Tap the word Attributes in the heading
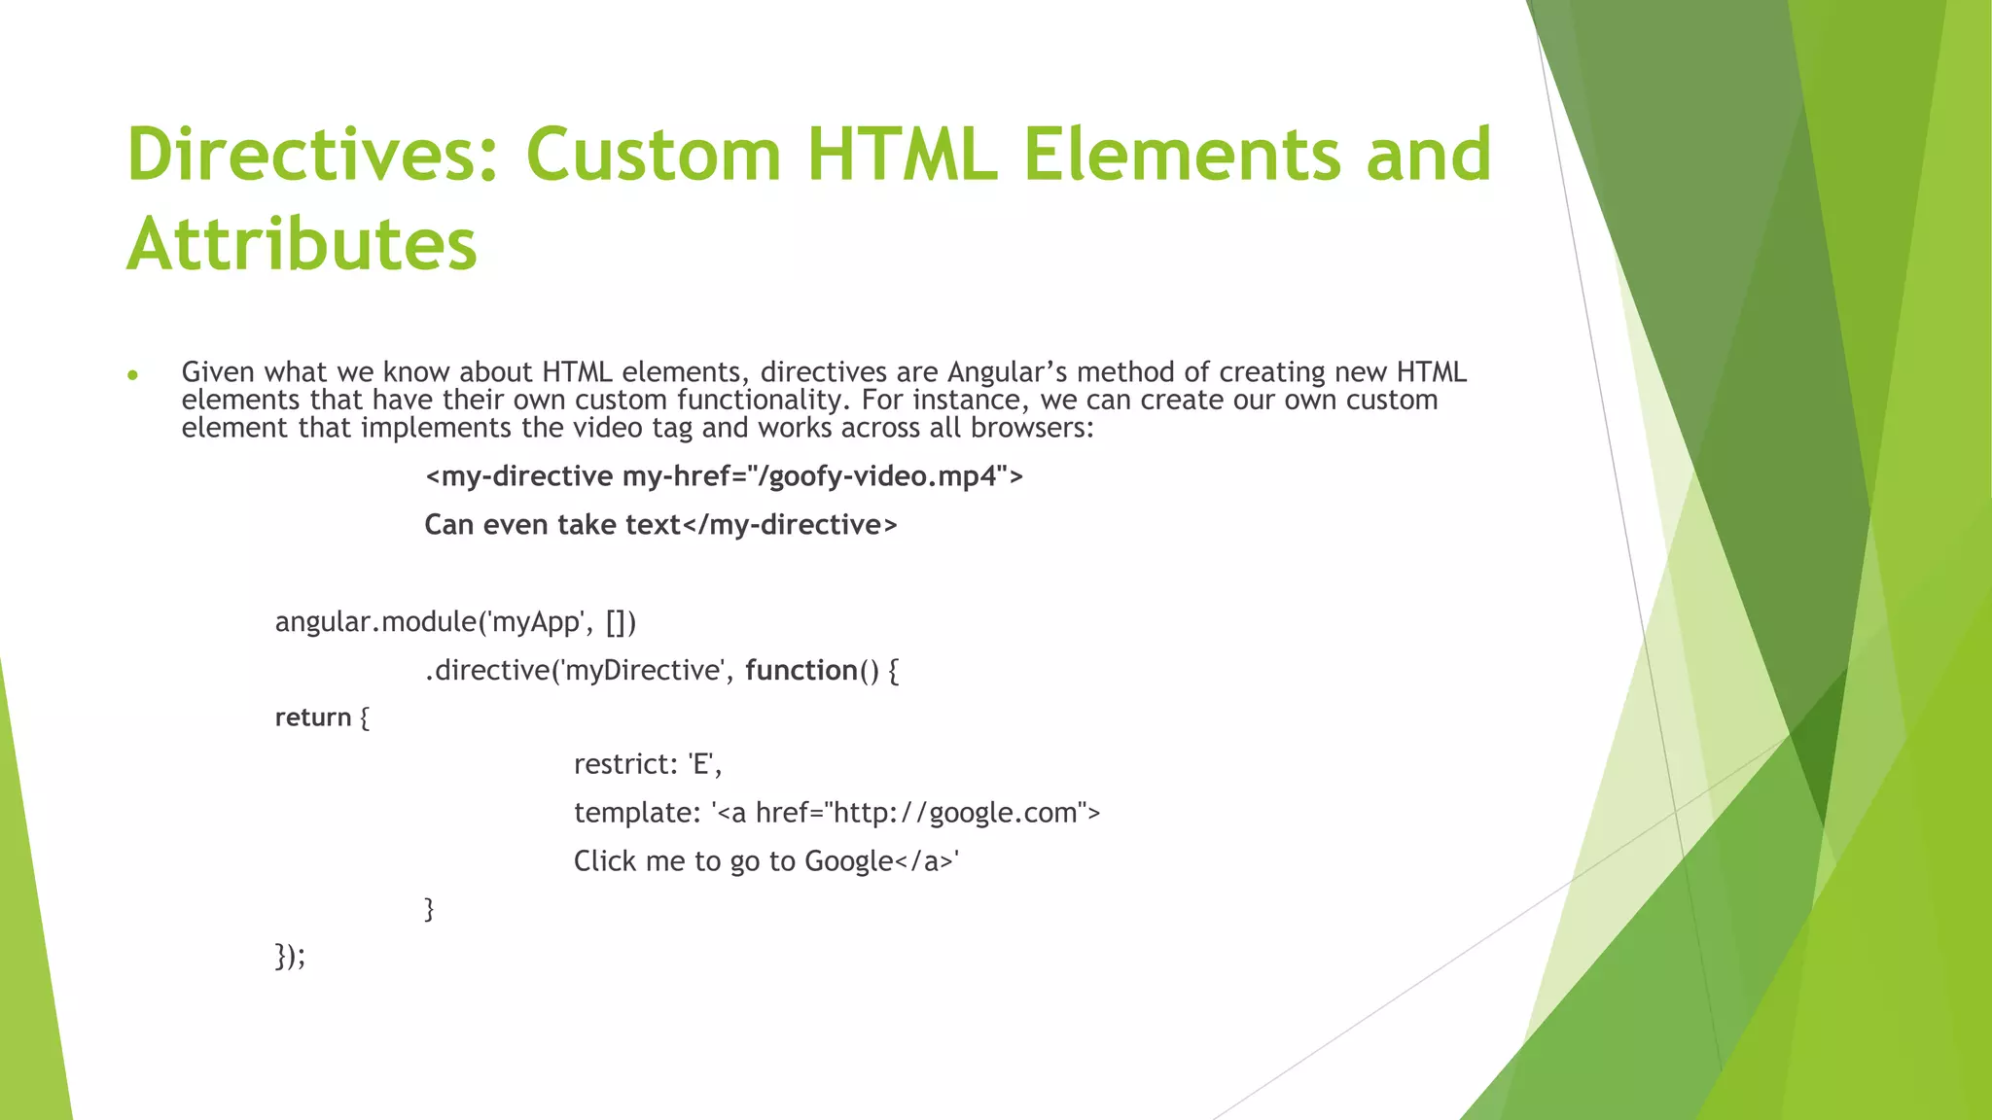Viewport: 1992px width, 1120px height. click(302, 243)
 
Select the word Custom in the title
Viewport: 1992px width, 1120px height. click(654, 155)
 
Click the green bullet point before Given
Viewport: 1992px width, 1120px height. click(133, 375)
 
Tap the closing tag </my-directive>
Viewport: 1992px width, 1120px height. click(790, 525)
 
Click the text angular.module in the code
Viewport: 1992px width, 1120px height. click(375, 621)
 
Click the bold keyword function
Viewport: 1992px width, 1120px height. click(801, 670)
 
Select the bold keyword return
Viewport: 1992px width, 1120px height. click(313, 717)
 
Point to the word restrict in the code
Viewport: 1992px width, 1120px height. click(623, 764)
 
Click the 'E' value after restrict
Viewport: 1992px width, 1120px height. click(700, 764)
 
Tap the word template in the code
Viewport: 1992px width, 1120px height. click(633, 813)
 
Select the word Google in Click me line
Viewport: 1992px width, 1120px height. click(848, 861)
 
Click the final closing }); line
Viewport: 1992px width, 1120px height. click(290, 956)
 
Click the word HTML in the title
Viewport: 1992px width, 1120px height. click(902, 155)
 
